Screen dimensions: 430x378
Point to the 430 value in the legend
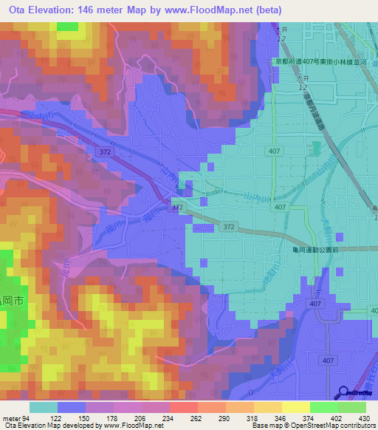[x=364, y=418]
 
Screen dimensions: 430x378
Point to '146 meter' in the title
[x=100, y=10]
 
